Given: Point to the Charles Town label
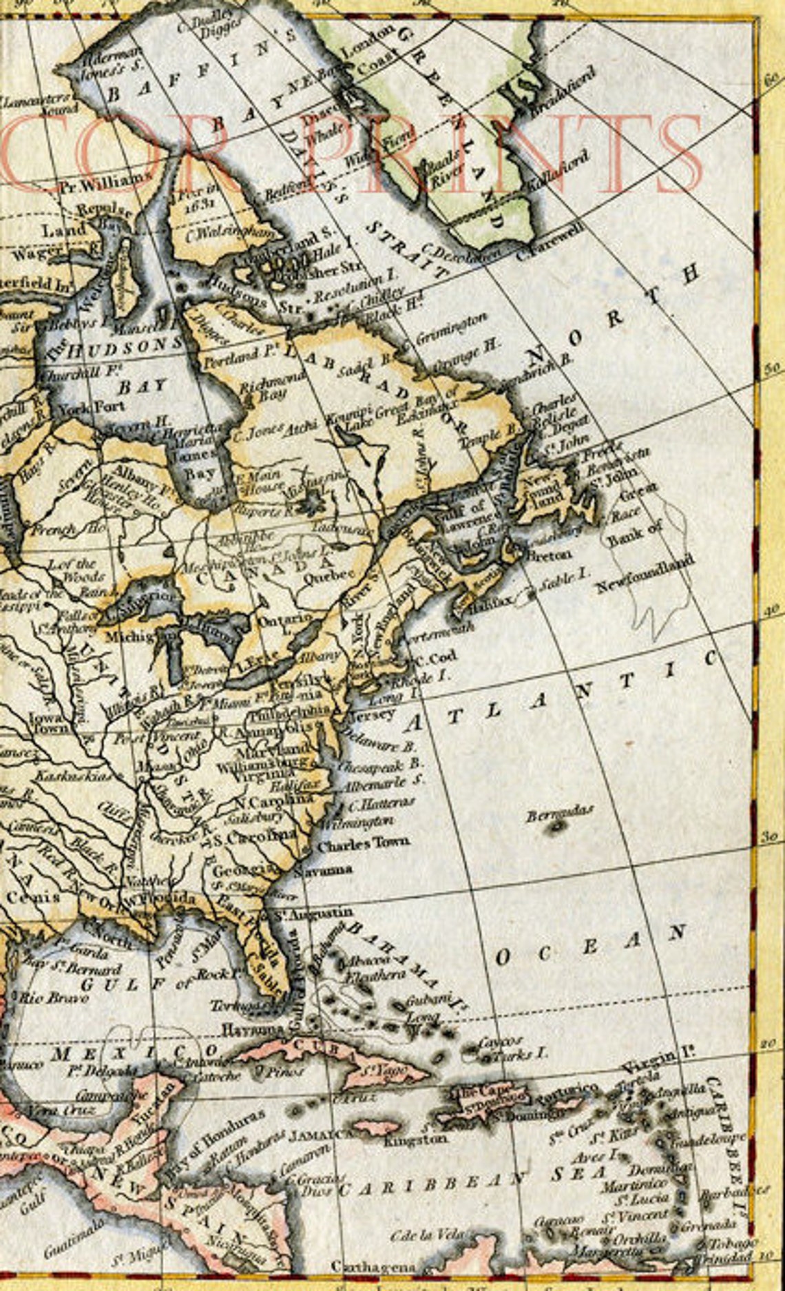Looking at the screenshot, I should [x=363, y=843].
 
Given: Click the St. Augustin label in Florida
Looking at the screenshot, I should [x=310, y=913].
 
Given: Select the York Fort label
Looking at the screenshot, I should [x=91, y=406].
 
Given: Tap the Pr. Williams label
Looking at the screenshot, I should [x=105, y=184].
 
